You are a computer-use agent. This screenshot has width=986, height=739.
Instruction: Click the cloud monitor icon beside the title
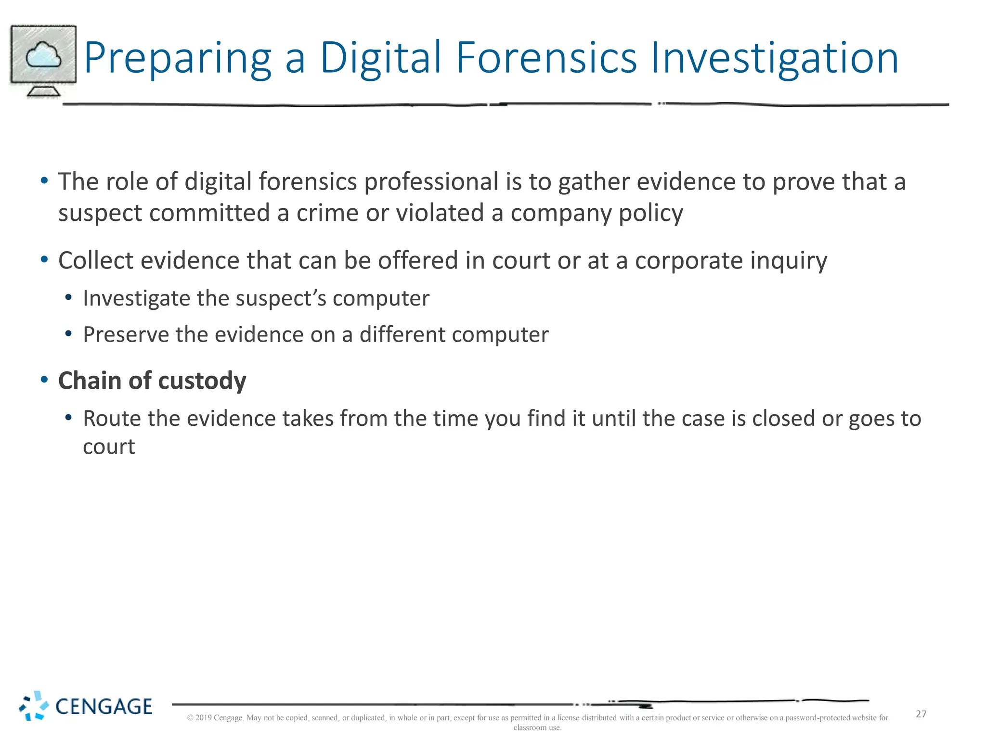[43, 61]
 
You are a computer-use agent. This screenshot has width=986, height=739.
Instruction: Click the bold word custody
[202, 381]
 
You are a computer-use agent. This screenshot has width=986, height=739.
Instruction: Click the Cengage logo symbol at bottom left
[34, 706]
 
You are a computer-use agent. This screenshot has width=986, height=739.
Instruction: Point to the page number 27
[921, 714]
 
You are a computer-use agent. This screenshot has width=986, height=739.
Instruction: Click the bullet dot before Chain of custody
[44, 380]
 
